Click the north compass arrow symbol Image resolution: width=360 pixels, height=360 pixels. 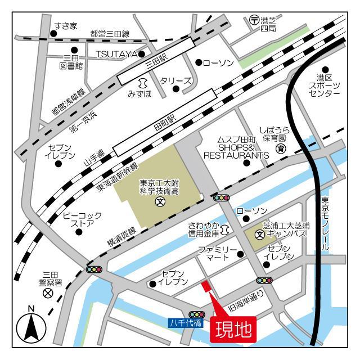31,326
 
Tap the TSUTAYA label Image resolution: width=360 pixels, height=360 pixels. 116,53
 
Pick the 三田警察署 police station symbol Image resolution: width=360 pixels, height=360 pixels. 48,293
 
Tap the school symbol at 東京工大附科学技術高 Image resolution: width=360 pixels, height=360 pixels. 159,200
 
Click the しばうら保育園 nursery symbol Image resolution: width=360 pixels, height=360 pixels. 281,149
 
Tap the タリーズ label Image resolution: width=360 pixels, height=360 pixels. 176,81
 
